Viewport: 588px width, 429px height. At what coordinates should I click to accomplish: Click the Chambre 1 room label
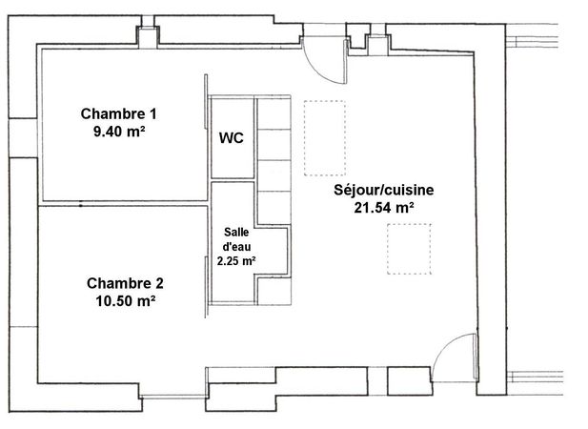pos(118,113)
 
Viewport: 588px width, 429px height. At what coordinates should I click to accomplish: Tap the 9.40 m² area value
pos(119,132)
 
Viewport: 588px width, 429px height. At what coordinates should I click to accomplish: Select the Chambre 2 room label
pos(125,283)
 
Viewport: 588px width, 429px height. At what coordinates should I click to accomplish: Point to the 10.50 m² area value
pos(125,300)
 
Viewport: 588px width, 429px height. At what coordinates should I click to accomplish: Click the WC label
pos(232,138)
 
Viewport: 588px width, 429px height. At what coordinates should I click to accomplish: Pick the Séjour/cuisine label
pos(384,190)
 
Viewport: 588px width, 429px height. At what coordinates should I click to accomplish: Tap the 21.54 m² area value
pos(384,208)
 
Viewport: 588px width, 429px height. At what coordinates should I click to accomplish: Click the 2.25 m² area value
pos(236,260)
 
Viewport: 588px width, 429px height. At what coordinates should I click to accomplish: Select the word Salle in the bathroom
pos(236,232)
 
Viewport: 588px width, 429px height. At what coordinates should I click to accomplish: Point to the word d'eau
pos(236,246)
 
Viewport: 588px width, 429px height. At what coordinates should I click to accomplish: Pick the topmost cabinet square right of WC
pos(274,114)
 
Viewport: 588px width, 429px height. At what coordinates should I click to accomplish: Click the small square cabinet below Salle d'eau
pos(274,290)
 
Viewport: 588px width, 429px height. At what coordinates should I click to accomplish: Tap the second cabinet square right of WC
pos(274,145)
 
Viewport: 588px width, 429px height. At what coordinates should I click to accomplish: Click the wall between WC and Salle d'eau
pos(233,180)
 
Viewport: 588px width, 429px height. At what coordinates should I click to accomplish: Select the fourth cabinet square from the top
pos(274,208)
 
